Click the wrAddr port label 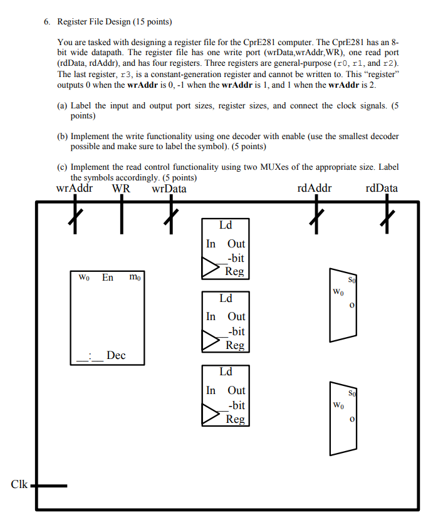75,188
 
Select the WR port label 121,188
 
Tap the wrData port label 169,188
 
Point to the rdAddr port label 315,188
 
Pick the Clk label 19,484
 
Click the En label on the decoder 108,277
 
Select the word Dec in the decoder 116,355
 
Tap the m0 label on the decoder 135,277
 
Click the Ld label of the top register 225,225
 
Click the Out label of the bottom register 236,390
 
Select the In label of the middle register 211,316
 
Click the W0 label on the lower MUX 338,406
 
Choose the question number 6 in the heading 46,21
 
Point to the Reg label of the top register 235,271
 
